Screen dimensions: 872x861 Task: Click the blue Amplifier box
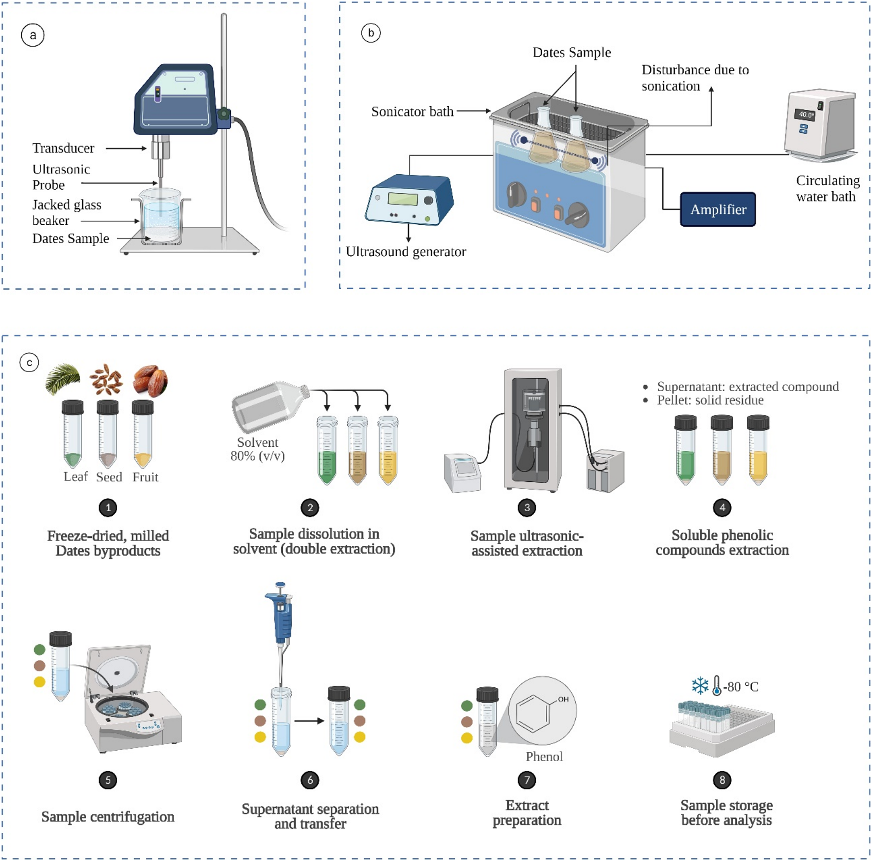click(x=718, y=209)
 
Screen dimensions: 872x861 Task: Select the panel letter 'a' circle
click(x=33, y=35)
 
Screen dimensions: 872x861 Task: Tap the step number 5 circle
click(x=108, y=780)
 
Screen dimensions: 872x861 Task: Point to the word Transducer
click(x=63, y=148)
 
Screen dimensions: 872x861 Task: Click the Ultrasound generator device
click(x=409, y=199)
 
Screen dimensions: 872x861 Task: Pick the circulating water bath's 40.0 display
click(x=805, y=114)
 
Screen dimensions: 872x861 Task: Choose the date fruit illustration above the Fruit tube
click(x=150, y=380)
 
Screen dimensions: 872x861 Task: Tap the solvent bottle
click(x=269, y=407)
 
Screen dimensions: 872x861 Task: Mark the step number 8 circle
click(x=722, y=780)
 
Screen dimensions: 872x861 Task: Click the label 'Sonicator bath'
click(x=412, y=112)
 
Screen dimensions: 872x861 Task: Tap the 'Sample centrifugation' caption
click(x=108, y=817)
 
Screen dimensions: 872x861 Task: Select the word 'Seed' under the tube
click(x=109, y=477)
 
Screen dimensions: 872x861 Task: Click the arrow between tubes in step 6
click(x=309, y=721)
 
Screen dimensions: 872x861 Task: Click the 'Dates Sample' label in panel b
click(x=572, y=52)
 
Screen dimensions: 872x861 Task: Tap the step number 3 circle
click(x=527, y=508)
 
